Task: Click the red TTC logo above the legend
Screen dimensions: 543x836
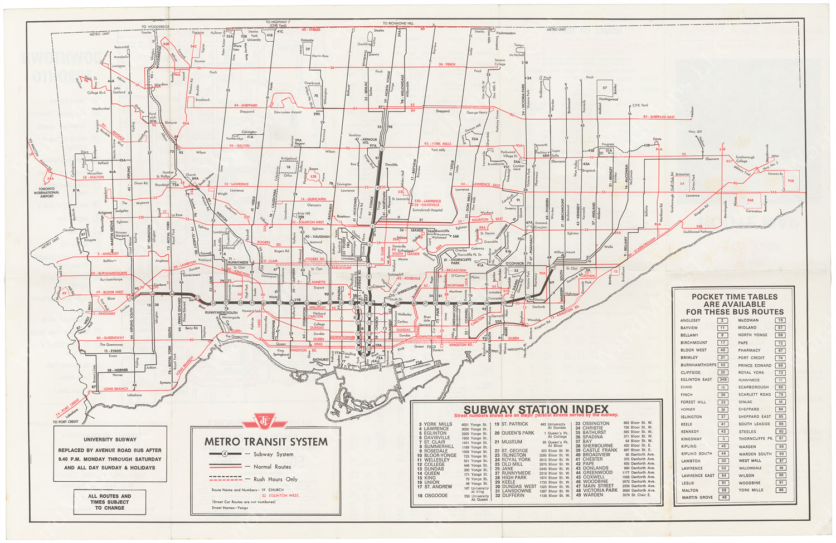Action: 266,421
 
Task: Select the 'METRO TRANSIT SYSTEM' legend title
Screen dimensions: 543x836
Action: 266,442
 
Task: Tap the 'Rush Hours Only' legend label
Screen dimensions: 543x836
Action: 275,479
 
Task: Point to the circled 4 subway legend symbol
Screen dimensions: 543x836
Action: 224,454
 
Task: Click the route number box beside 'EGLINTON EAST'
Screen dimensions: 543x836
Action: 723,380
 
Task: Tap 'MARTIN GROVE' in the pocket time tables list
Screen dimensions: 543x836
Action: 697,497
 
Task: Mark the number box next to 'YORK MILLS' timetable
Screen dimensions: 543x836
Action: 781,490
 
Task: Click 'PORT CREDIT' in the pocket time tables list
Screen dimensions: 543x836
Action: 751,358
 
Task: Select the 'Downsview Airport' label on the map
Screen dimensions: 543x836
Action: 288,112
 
